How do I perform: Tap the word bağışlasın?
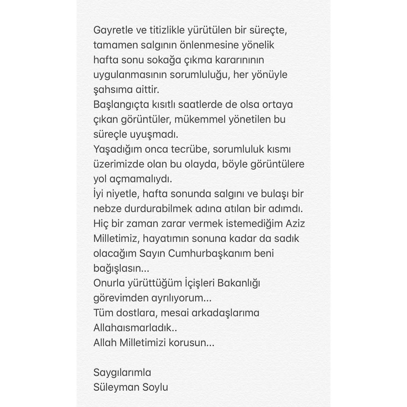(x=117, y=268)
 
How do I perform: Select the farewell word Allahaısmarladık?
(x=132, y=327)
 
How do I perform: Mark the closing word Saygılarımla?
(x=122, y=372)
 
